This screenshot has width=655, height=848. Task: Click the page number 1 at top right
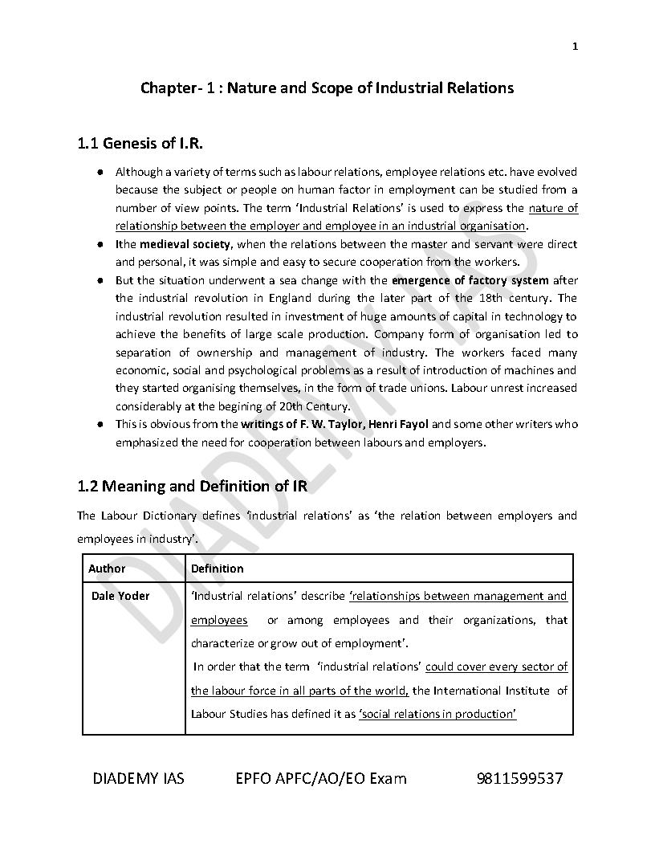point(575,47)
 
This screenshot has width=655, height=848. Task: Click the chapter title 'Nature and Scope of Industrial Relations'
point(370,88)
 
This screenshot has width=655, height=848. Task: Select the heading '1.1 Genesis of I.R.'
point(140,145)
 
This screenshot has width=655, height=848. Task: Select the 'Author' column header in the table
point(107,569)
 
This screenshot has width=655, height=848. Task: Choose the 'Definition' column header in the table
point(217,569)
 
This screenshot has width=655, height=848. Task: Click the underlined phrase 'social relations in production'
point(437,714)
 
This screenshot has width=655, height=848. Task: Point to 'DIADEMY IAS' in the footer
point(138,778)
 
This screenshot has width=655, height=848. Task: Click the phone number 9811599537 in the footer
point(519,778)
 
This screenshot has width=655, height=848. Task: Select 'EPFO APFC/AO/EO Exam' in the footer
point(321,778)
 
